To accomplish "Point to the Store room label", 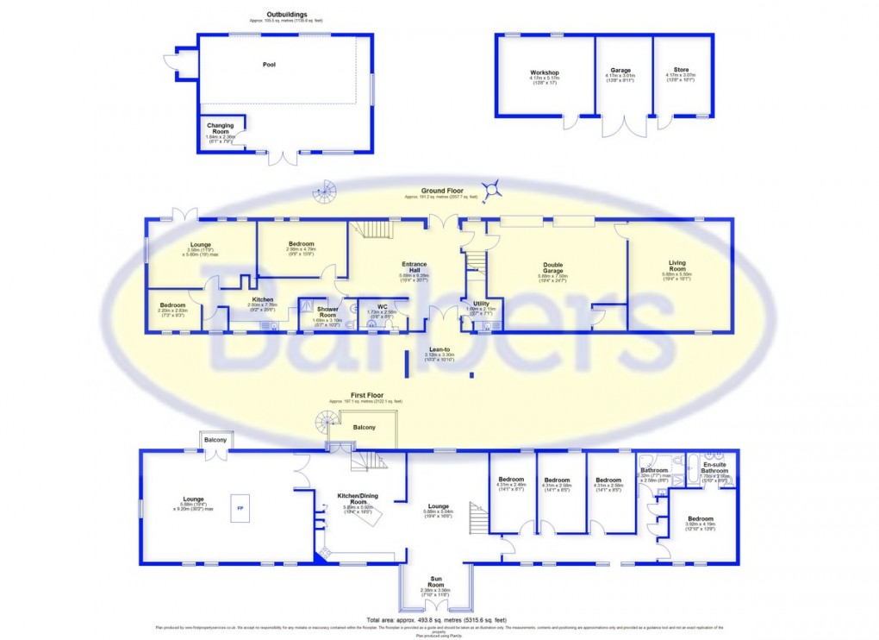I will (683, 71).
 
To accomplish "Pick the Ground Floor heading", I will (438, 191).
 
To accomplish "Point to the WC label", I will (381, 305).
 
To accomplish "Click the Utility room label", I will (481, 304).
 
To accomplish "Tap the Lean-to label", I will (439, 349).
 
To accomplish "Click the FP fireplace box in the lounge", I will (240, 508).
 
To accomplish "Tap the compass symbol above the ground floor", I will (494, 185).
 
